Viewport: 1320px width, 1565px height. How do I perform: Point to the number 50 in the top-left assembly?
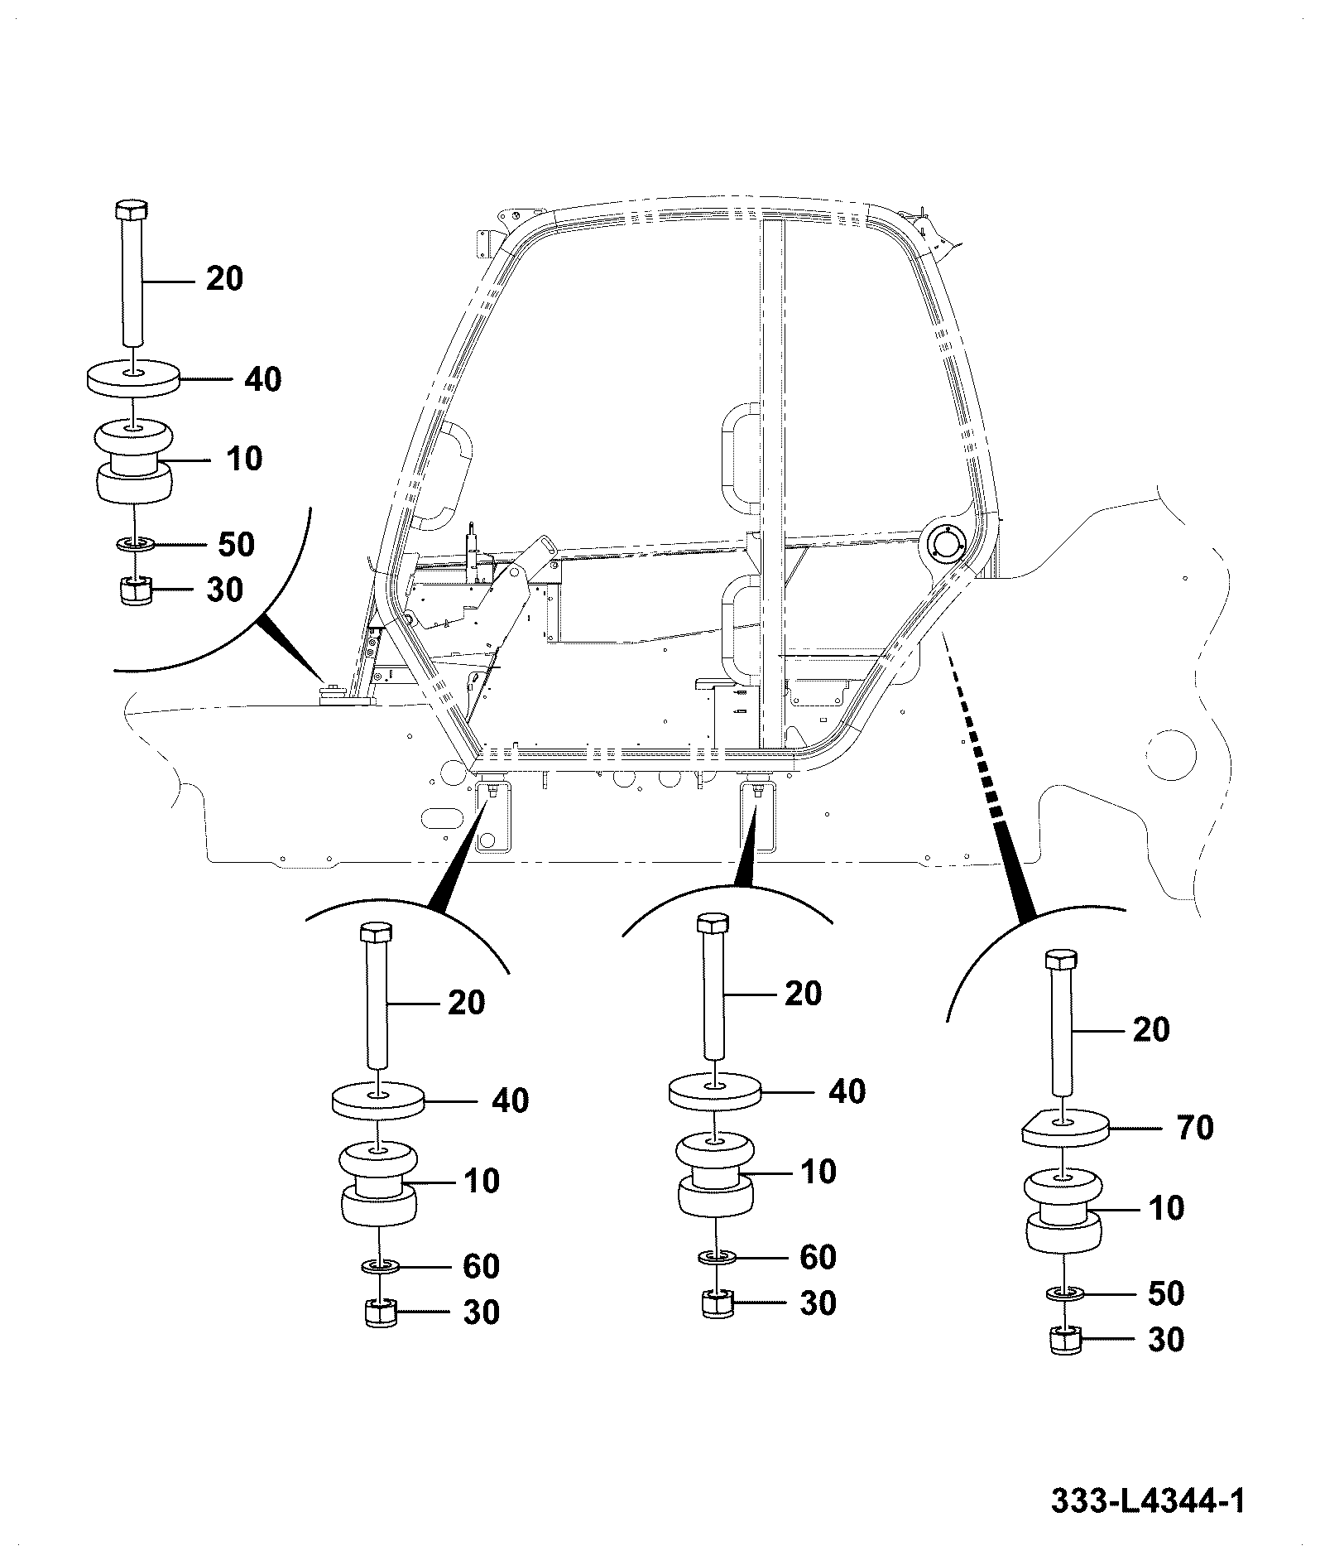coord(236,544)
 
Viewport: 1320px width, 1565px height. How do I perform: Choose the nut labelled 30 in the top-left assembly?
coord(132,590)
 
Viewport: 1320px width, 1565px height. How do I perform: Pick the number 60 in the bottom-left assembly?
coord(481,1266)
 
